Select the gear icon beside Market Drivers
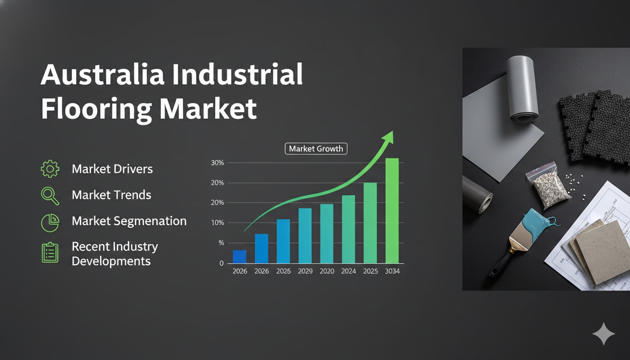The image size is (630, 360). pyautogui.click(x=50, y=169)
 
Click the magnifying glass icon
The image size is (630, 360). pyautogui.click(x=50, y=195)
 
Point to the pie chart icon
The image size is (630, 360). pyautogui.click(x=50, y=221)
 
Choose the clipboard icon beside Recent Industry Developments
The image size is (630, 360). pyautogui.click(x=50, y=252)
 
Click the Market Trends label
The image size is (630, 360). pyautogui.click(x=112, y=195)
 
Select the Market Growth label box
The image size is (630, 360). pyautogui.click(x=316, y=149)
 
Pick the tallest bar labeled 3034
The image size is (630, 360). pyautogui.click(x=392, y=211)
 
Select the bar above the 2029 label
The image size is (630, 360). pyautogui.click(x=305, y=236)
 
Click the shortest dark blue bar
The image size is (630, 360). pyautogui.click(x=240, y=256)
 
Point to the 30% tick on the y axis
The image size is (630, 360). pyautogui.click(x=217, y=163)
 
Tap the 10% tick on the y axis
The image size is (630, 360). pyautogui.click(x=217, y=223)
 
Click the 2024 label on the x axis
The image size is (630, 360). pyautogui.click(x=348, y=271)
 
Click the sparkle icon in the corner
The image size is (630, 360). pyautogui.click(x=603, y=333)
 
